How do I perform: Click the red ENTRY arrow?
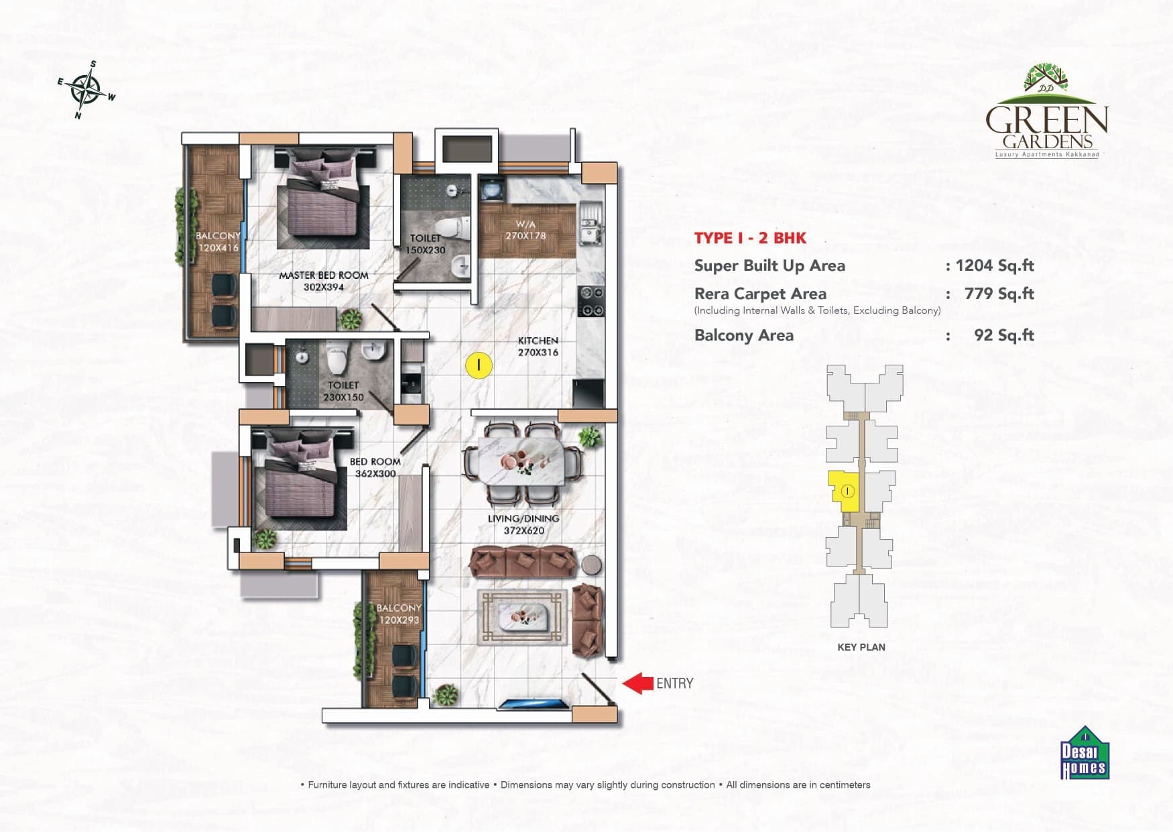tap(638, 683)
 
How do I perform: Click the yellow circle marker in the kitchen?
tap(479, 365)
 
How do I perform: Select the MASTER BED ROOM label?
tap(324, 275)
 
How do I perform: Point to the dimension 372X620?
tap(524, 530)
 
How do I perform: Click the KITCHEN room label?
tap(538, 341)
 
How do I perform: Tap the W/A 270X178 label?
tap(526, 230)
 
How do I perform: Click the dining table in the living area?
tap(523, 463)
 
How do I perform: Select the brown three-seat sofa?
tap(523, 562)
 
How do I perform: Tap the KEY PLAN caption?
tap(861, 647)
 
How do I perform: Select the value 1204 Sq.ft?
tap(995, 265)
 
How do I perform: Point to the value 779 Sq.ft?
tap(999, 294)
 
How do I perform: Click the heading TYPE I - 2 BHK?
tap(750, 238)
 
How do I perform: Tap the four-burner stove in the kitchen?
tap(591, 301)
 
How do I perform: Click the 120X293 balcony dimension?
tap(399, 620)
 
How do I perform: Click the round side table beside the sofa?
tap(592, 564)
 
